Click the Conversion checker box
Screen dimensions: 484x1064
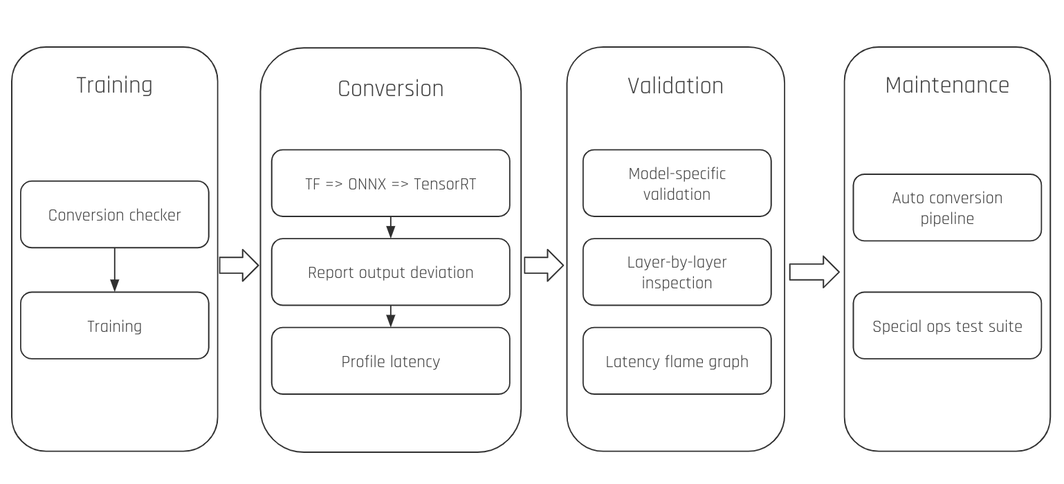pyautogui.click(x=114, y=214)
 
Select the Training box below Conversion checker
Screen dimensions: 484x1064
pyautogui.click(x=114, y=326)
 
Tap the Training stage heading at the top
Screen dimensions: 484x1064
pyautogui.click(x=114, y=85)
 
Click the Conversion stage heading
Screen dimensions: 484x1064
pyautogui.click(x=390, y=89)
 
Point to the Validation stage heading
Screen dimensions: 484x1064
pyautogui.click(x=675, y=86)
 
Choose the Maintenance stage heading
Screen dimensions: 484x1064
pyautogui.click(x=946, y=85)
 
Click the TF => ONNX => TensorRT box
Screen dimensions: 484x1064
pyautogui.click(x=390, y=184)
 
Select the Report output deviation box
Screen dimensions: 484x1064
pyautogui.click(x=390, y=272)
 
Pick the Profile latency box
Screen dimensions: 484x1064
pyautogui.click(x=390, y=361)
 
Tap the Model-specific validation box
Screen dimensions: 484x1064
pyautogui.click(x=677, y=183)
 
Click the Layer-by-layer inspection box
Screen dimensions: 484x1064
pyautogui.click(x=677, y=272)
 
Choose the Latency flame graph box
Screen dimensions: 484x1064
pyautogui.click(x=677, y=361)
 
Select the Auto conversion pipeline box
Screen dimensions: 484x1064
pyautogui.click(x=946, y=207)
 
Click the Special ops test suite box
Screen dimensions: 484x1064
pyautogui.click(x=946, y=326)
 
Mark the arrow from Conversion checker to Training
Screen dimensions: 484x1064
pyautogui.click(x=114, y=270)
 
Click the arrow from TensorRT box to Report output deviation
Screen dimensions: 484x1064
pyautogui.click(x=390, y=227)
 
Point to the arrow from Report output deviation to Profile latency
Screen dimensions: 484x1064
pyautogui.click(x=390, y=316)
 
